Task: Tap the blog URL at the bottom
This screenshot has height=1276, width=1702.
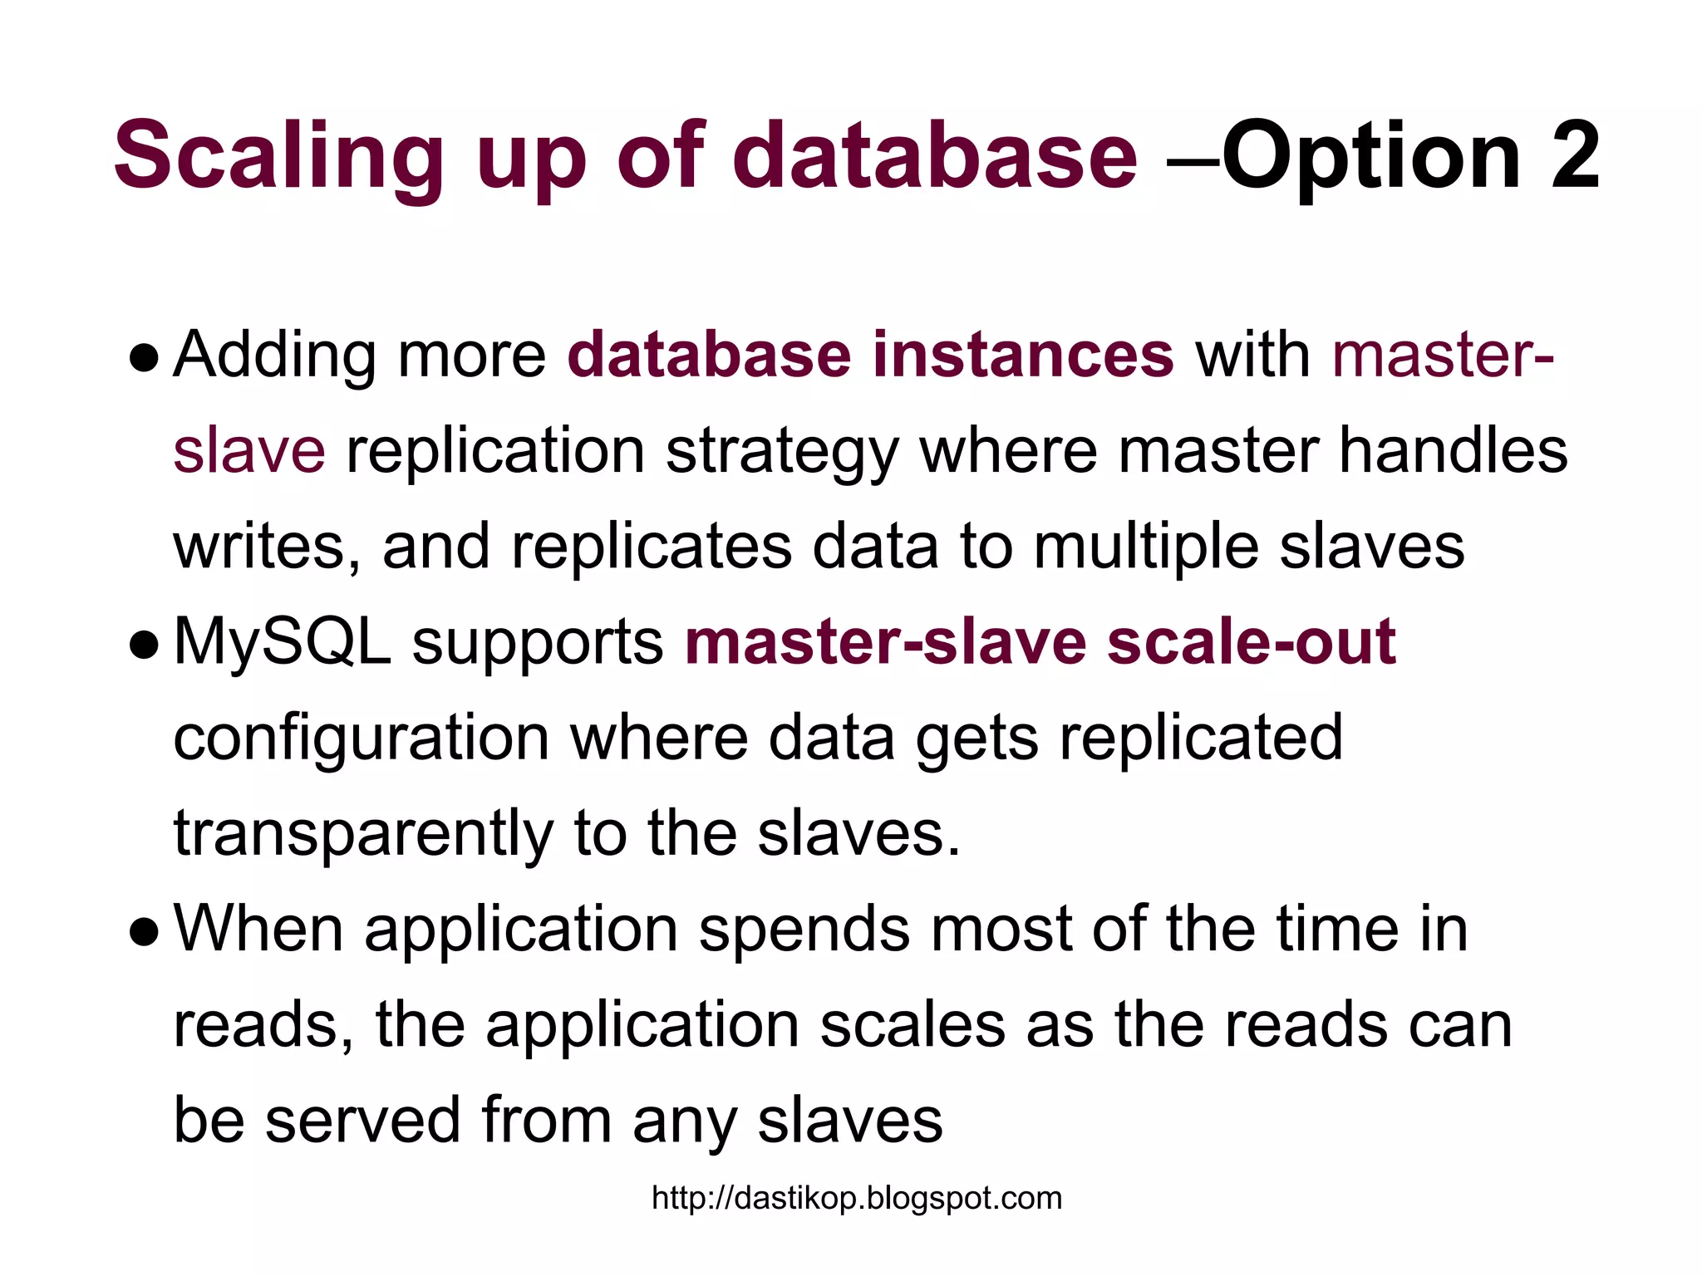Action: pyautogui.click(x=857, y=1198)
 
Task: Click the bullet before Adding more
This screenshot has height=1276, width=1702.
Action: pyautogui.click(x=144, y=359)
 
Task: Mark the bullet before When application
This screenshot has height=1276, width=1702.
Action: pyautogui.click(x=144, y=932)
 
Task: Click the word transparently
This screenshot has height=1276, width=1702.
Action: pyautogui.click(x=363, y=833)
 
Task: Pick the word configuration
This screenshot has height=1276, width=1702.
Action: pyautogui.click(x=362, y=738)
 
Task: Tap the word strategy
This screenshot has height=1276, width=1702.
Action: pyautogui.click(x=782, y=451)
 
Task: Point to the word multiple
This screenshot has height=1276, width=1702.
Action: pyautogui.click(x=1146, y=547)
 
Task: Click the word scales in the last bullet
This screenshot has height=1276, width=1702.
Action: pyautogui.click(x=912, y=1024)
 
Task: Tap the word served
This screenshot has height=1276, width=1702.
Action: pyautogui.click(x=362, y=1120)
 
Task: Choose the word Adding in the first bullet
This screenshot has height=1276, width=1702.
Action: pyautogui.click(x=275, y=355)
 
